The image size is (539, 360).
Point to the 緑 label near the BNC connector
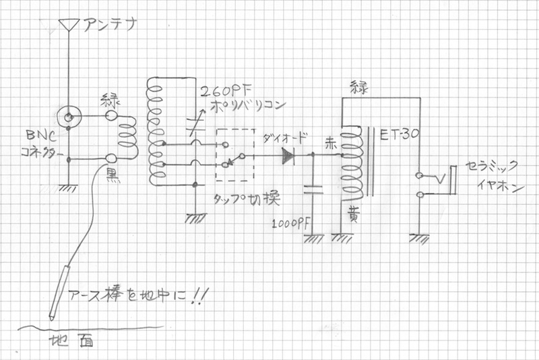tap(110, 100)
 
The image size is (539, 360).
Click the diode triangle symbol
tap(288, 156)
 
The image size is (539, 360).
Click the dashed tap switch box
tap(234, 154)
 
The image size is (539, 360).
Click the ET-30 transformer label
tap(402, 135)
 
